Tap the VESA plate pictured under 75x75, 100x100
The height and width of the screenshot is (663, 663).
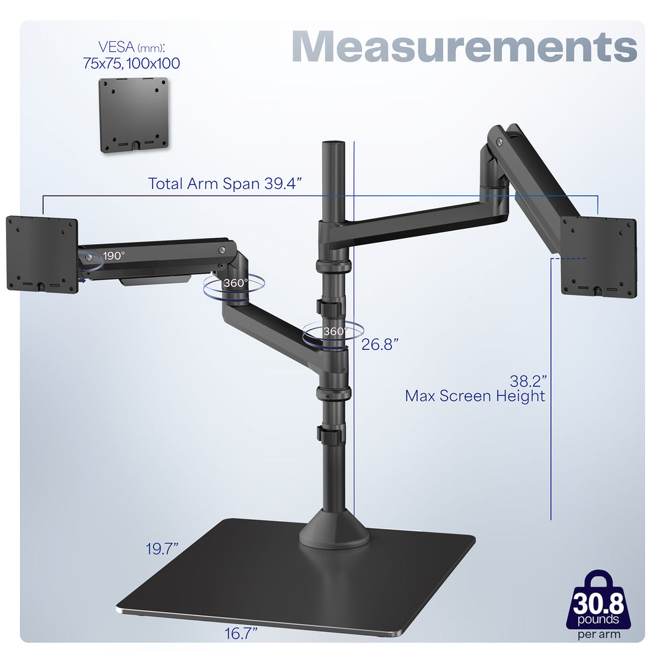(134, 115)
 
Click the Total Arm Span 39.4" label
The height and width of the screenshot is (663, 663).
(225, 184)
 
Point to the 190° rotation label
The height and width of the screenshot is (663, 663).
(113, 255)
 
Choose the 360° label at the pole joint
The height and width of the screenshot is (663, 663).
(334, 331)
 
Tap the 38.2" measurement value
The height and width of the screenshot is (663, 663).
(528, 381)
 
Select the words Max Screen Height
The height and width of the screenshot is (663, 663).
(475, 396)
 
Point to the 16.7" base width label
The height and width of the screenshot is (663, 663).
(240, 634)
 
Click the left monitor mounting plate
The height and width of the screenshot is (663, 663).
(41, 253)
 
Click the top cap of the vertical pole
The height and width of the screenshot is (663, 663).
(330, 144)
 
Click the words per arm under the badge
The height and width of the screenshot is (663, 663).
(599, 634)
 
